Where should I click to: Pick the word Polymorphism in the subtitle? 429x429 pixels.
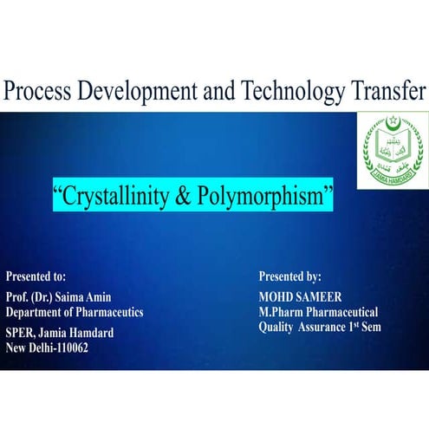(x=271, y=196)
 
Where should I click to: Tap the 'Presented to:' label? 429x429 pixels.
(x=36, y=277)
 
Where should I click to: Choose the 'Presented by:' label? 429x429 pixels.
(x=290, y=277)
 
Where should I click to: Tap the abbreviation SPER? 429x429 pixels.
(x=20, y=332)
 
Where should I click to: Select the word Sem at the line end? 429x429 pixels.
(x=369, y=328)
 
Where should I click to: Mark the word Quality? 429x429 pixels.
(x=276, y=328)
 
